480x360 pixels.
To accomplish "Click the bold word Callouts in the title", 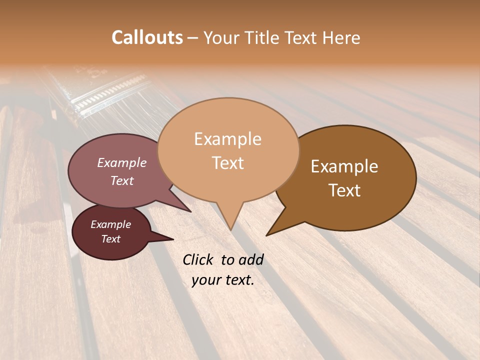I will click(147, 37).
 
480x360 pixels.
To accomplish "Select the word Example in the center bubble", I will click(227, 139).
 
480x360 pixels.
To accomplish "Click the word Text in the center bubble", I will click(227, 163).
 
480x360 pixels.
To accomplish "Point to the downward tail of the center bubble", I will click(230, 222).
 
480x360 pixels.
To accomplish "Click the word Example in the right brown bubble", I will click(344, 166).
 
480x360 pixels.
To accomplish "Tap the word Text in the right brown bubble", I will click(344, 190).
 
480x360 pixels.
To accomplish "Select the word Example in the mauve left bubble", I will click(122, 162).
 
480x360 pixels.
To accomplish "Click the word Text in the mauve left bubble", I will click(122, 180).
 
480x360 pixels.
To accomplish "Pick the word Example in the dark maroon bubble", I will click(110, 224).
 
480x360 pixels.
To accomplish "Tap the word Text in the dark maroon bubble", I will click(110, 239).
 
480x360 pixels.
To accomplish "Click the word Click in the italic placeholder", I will click(198, 259).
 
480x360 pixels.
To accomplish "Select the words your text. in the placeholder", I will click(223, 280).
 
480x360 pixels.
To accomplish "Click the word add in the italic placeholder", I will click(251, 259).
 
